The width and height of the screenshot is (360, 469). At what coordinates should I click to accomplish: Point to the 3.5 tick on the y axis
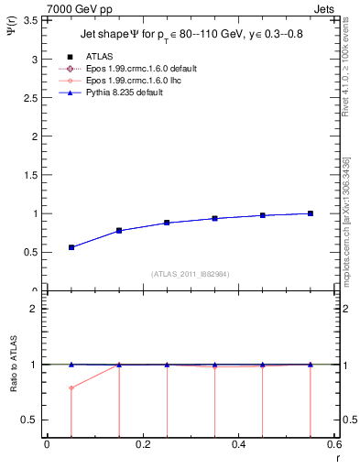(x=29, y=19)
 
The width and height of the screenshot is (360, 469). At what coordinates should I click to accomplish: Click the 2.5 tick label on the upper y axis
(x=29, y=97)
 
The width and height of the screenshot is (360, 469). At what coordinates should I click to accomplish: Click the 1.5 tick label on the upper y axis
(x=29, y=175)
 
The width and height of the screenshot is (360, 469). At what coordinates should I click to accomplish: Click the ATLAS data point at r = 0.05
(x=71, y=247)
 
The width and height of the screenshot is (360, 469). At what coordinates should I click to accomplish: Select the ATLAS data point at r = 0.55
(x=311, y=213)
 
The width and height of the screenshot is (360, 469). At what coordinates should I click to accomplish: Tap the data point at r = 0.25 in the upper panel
(x=167, y=223)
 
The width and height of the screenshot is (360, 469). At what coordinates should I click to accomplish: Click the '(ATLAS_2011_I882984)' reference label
(x=190, y=274)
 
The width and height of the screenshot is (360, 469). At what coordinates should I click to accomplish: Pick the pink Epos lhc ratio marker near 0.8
(x=71, y=387)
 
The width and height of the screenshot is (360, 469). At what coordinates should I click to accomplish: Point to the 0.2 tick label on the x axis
(x=142, y=444)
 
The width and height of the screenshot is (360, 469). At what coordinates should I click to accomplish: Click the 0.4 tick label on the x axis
(x=238, y=444)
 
